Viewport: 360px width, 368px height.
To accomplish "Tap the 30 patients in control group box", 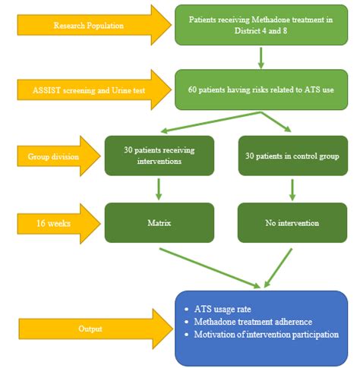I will point(292,156).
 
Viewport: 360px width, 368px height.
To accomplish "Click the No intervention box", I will point(292,222).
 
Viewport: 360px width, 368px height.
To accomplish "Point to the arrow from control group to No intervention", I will point(292,188).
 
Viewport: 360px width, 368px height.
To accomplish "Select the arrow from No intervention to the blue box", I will point(278,266).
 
